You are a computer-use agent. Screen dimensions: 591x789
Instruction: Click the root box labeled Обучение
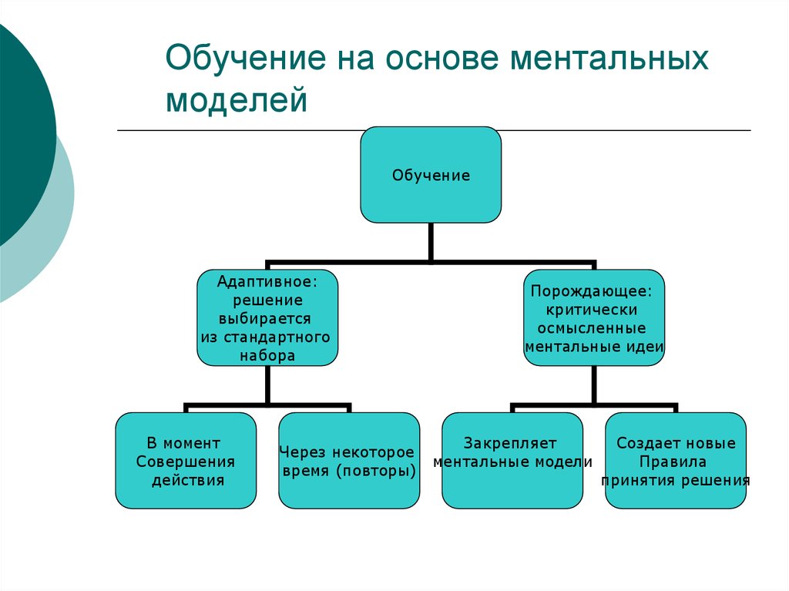(431, 175)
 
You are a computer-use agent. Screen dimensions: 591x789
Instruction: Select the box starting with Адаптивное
(267, 317)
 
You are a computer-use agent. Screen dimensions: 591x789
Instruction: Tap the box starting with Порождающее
(594, 317)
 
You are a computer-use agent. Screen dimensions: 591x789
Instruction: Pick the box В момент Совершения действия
(185, 461)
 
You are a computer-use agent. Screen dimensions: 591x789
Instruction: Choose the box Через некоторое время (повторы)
(348, 461)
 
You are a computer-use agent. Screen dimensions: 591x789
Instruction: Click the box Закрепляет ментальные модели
(512, 461)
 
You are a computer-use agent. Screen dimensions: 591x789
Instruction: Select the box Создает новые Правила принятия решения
(676, 461)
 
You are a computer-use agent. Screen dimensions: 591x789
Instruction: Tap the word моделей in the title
(237, 101)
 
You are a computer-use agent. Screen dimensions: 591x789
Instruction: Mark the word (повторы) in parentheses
(377, 471)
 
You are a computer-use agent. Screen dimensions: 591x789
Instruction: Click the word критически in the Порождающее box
(594, 310)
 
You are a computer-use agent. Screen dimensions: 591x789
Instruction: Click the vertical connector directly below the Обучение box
(431, 240)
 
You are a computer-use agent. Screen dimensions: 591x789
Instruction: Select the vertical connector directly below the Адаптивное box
(267, 384)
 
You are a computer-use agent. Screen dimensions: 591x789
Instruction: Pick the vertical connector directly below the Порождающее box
(594, 384)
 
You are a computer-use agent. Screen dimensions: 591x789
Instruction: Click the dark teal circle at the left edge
(19, 131)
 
